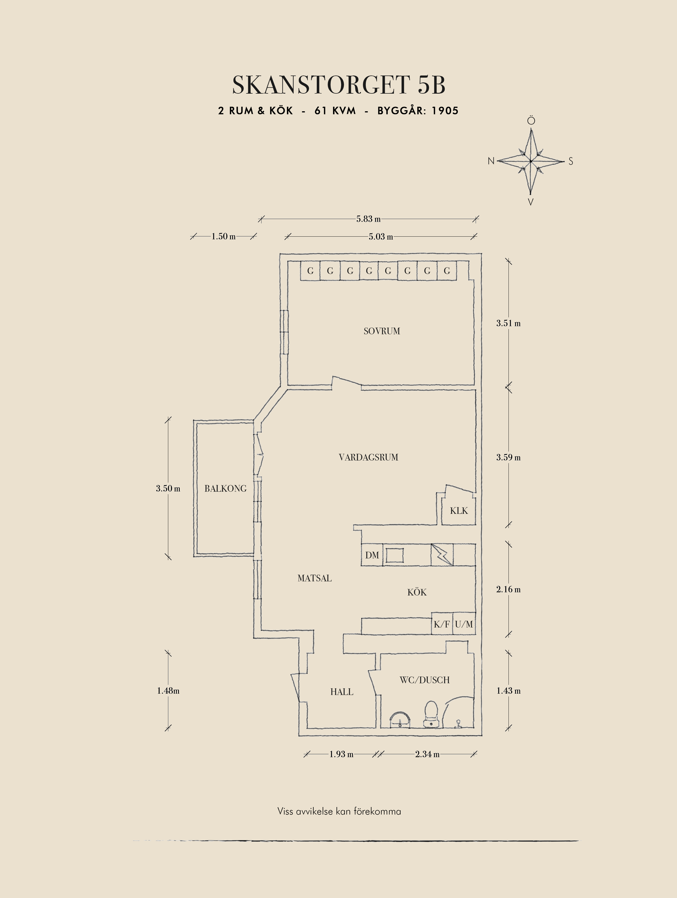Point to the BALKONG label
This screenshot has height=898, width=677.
point(226,489)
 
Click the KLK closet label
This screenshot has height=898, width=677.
point(459,511)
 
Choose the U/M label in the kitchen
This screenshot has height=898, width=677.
point(464,624)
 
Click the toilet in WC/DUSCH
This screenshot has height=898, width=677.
point(431,714)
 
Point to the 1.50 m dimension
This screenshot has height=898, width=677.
point(223,237)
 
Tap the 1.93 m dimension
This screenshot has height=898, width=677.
point(341,754)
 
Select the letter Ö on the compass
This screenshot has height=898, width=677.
point(531,121)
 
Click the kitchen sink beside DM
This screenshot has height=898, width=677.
point(394,555)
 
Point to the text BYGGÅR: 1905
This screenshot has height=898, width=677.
point(418,111)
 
